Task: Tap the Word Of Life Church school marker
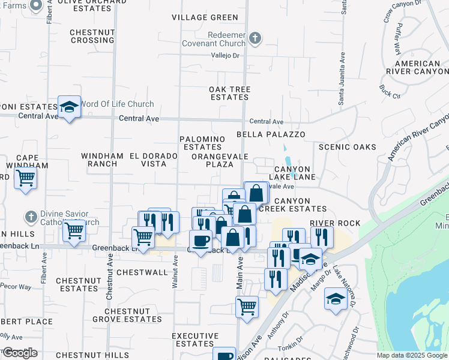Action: point(69,107)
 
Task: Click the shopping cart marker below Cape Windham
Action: point(25,178)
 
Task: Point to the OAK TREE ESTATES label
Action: point(229,93)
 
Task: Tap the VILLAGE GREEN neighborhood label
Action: point(205,17)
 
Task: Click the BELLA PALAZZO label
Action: point(271,134)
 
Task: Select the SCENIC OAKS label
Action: point(348,147)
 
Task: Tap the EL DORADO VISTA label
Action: point(153,160)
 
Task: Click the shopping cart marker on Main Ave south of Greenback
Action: point(247,307)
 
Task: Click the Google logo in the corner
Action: point(20,353)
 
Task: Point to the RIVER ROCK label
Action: point(335,223)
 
